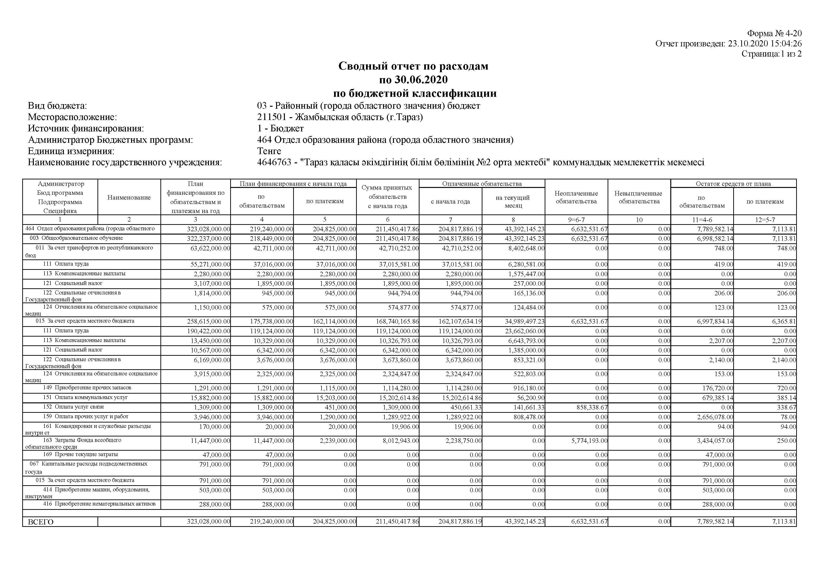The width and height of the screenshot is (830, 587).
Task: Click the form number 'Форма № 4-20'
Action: click(774, 34)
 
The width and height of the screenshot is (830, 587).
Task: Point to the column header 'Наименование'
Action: click(129, 197)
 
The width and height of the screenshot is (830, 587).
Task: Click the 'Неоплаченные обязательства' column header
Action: click(576, 197)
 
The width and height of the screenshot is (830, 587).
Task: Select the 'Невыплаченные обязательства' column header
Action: click(639, 197)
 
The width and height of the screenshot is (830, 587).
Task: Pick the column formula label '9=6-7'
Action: click(576, 220)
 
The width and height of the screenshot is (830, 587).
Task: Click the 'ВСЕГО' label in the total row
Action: click(40, 522)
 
